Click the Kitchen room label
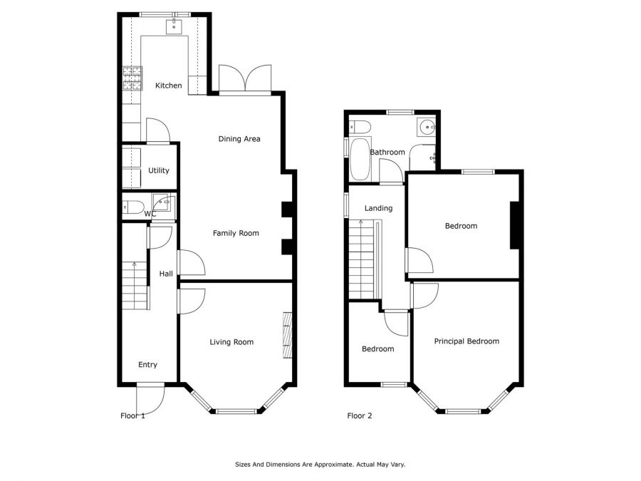point(169,86)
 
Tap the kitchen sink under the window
point(174,28)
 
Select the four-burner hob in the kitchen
point(132,78)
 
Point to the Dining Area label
point(239,139)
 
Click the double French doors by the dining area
point(245,79)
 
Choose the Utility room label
point(158,170)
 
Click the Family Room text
point(236,233)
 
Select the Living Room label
point(231,342)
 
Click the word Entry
point(147,365)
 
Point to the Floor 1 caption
point(132,415)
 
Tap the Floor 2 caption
point(359,415)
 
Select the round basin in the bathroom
point(427,128)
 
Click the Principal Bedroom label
point(467,341)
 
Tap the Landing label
point(378,208)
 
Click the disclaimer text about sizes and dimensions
point(320,464)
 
